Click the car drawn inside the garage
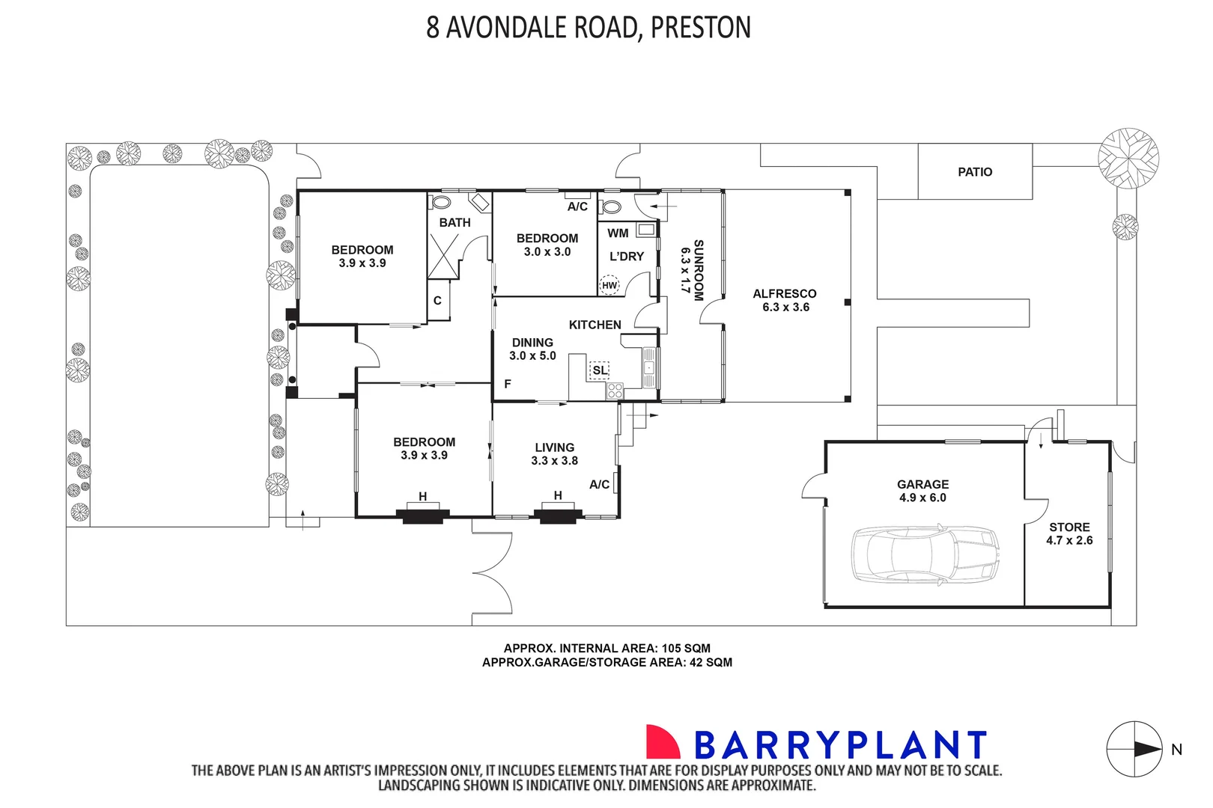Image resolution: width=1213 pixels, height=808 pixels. click(925, 554)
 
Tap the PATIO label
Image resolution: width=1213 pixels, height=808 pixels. click(975, 172)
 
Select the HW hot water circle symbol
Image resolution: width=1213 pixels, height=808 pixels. click(609, 285)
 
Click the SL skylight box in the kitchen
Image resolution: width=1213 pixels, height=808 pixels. click(599, 370)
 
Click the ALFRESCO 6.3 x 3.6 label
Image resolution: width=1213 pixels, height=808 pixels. click(785, 300)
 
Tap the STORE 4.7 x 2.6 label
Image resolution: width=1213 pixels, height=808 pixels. click(1069, 533)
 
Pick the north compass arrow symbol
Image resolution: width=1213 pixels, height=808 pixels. click(1135, 749)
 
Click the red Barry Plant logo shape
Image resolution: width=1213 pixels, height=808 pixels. click(663, 741)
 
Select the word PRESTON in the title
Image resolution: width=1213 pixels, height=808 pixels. click(700, 27)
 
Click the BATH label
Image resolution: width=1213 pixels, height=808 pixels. click(455, 223)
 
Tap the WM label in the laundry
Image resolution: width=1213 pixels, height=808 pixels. click(618, 233)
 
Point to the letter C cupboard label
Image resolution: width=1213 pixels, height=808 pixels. click(437, 301)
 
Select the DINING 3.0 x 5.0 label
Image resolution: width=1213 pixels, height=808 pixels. click(532, 349)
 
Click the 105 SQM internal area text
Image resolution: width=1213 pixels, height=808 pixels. click(685, 649)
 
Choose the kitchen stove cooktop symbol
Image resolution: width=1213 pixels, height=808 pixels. click(615, 390)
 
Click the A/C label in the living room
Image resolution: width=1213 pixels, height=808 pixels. click(599, 485)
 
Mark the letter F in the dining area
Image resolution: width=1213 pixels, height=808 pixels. click(508, 385)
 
